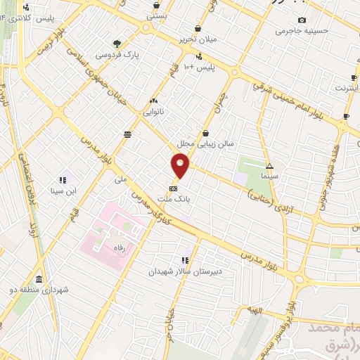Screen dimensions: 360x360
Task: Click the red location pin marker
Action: coord(181,166)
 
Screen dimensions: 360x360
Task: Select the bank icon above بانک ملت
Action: coord(173,188)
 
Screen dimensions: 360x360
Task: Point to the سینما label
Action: coord(269,175)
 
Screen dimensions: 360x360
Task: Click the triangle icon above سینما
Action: coord(269,165)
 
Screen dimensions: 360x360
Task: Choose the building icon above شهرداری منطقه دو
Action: coord(37,278)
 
